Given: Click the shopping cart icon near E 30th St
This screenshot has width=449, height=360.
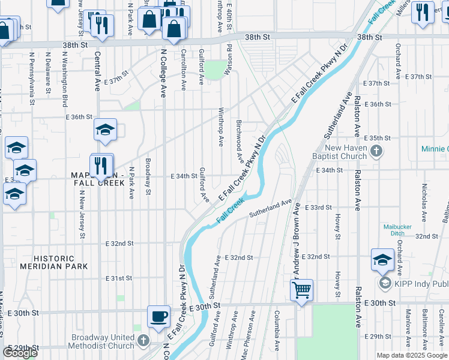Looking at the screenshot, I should pyautogui.click(x=301, y=290).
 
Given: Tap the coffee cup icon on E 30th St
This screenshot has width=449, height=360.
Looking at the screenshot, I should pyautogui.click(x=159, y=316).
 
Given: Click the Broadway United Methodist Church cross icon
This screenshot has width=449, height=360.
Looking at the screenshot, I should pyautogui.click(x=143, y=340).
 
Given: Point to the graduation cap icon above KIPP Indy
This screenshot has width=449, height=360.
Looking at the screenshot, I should pyautogui.click(x=382, y=259).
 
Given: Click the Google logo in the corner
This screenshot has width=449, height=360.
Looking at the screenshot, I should pyautogui.click(x=20, y=353).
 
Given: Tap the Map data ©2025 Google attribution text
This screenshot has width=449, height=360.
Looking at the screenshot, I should pyautogui.click(x=412, y=355).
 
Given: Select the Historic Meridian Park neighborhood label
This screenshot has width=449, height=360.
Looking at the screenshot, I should pyautogui.click(x=53, y=262).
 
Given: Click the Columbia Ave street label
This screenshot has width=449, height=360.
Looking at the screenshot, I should pyautogui.click(x=277, y=331).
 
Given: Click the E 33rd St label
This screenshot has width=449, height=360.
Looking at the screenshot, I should pyautogui.click(x=318, y=208).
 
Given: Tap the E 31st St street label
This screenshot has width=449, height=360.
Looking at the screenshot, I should pyautogui.click(x=118, y=279).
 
